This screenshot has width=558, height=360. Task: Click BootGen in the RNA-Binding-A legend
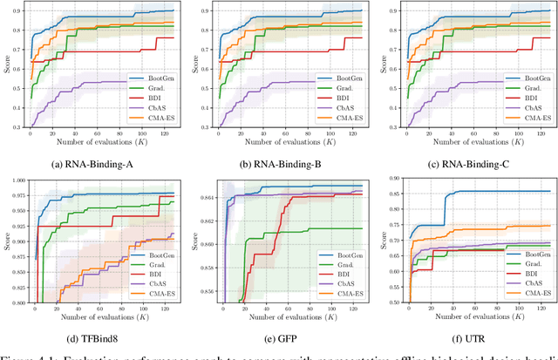click(159, 78)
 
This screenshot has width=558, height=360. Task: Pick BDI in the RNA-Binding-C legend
click(526, 98)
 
